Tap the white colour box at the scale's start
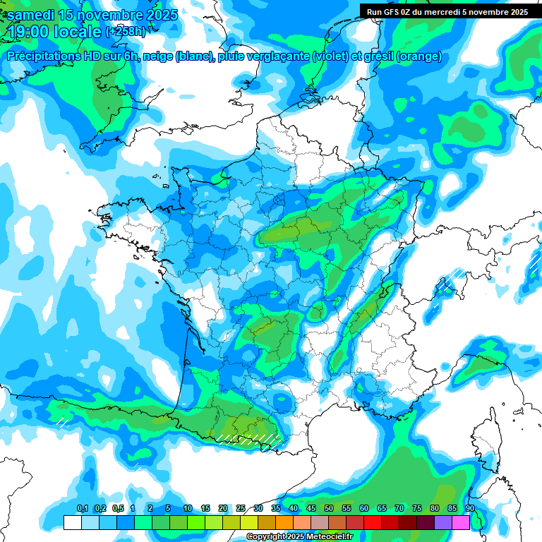click(72, 523)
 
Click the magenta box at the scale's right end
click(461, 523)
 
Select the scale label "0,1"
click(82, 509)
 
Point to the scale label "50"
click(329, 509)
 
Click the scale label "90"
click(469, 509)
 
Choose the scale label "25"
click(241, 509)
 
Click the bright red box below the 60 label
click(373, 523)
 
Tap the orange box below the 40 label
click(284, 523)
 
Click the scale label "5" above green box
click(168, 509)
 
